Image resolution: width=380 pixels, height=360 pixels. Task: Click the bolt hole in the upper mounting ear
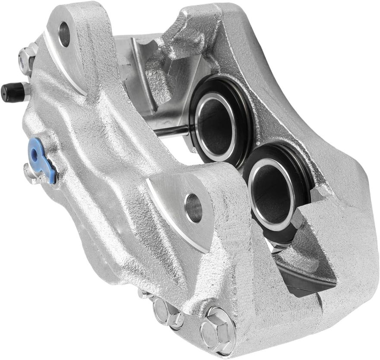click(65, 34)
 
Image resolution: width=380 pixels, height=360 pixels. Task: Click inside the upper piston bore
click(216, 125)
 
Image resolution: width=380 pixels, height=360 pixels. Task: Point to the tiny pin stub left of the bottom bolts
click(142, 294)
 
